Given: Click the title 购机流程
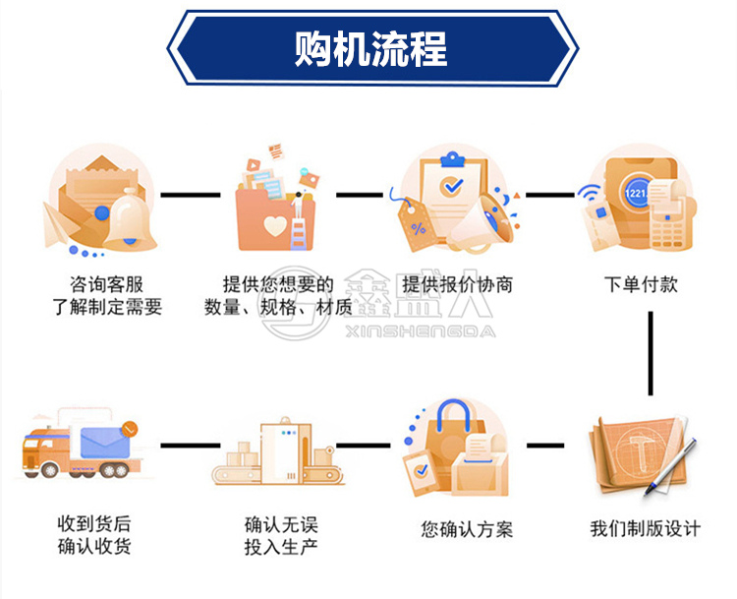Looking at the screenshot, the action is pyautogui.click(x=370, y=49).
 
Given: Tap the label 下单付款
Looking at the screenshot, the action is pyautogui.click(x=641, y=284).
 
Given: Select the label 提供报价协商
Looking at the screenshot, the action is pyautogui.click(x=457, y=284).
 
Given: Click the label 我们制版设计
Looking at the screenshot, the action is pyautogui.click(x=646, y=529).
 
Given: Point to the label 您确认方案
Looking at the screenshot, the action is pyautogui.click(x=467, y=530).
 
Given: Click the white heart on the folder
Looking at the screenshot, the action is pyautogui.click(x=275, y=226).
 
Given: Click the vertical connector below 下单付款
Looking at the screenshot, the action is pyautogui.click(x=651, y=353).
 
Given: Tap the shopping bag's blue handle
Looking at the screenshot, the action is pyautogui.click(x=453, y=414).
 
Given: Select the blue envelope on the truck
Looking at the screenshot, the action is pyautogui.click(x=105, y=442).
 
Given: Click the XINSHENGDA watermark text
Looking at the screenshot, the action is pyautogui.click(x=421, y=331).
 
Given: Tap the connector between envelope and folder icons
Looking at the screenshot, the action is pyautogui.click(x=191, y=195).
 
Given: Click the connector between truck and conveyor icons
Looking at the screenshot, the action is pyautogui.click(x=191, y=446).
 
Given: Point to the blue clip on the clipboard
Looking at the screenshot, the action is pyautogui.click(x=452, y=159).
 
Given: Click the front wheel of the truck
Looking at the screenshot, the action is pyautogui.click(x=48, y=469).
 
